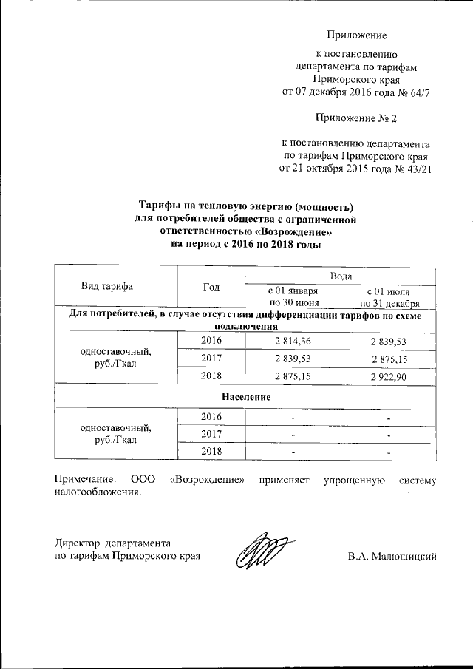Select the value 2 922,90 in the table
pyautogui.click(x=388, y=377)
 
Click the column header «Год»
pyautogui.click(x=211, y=286)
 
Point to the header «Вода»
pyautogui.click(x=340, y=275)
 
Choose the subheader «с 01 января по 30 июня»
pyautogui.click(x=293, y=296)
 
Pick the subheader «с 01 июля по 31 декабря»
pyautogui.click(x=389, y=296)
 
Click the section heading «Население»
pyautogui.click(x=245, y=397)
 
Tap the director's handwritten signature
pyautogui.click(x=260, y=551)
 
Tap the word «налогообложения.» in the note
pyautogui.click(x=98, y=493)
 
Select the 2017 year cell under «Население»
pyautogui.click(x=211, y=434)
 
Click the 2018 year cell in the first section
pyautogui.click(x=211, y=377)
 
